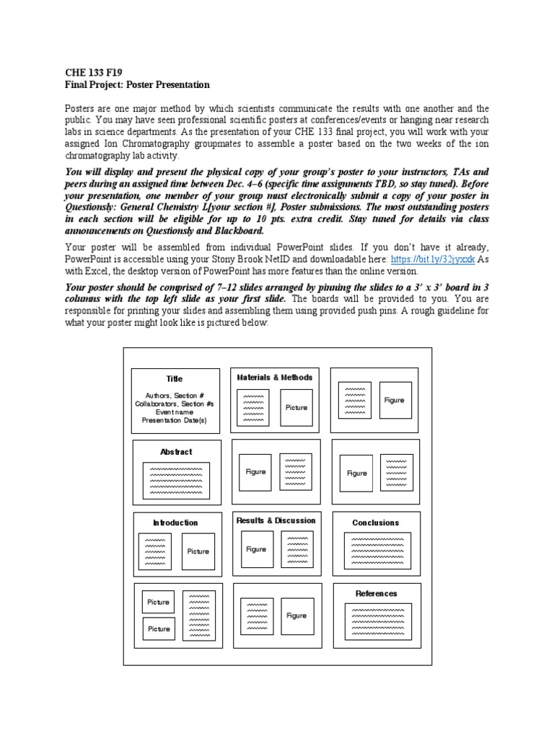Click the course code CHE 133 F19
pyautogui.click(x=94, y=73)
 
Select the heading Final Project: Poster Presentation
pyautogui.click(x=137, y=84)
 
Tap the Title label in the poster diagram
pyautogui.click(x=175, y=378)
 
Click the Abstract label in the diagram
pyautogui.click(x=176, y=452)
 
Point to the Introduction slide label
pyautogui.click(x=175, y=523)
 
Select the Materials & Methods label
pyautogui.click(x=275, y=377)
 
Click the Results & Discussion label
pyautogui.click(x=276, y=520)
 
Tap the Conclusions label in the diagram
pyautogui.click(x=375, y=523)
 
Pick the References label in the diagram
pyautogui.click(x=376, y=593)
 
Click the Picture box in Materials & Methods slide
pyautogui.click(x=296, y=407)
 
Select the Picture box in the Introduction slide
pyautogui.click(x=198, y=551)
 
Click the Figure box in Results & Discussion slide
pyautogui.click(x=256, y=549)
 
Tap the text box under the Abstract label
pyautogui.click(x=176, y=480)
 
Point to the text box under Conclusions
pyautogui.click(x=377, y=551)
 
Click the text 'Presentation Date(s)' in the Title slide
pyautogui.click(x=174, y=420)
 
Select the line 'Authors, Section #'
pyautogui.click(x=175, y=396)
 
